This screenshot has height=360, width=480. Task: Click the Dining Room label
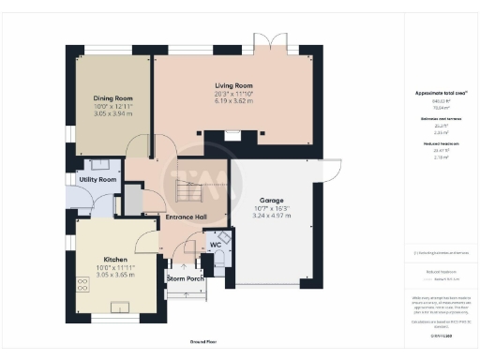pos(112,97)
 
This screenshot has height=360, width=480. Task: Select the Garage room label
pos(273,200)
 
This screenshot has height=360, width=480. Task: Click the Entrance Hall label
pos(186,217)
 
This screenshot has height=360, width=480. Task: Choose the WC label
pos(215,244)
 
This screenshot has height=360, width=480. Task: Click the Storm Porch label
pos(186,278)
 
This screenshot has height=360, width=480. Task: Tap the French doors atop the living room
pos(267,43)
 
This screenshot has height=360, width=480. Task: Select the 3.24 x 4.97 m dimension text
pos(273,215)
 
